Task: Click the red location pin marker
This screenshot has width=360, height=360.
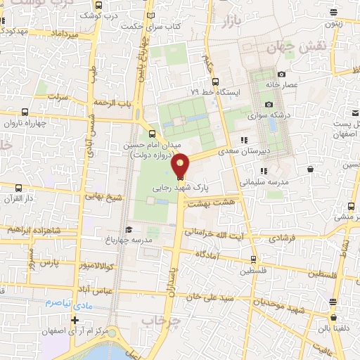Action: tap(181, 166)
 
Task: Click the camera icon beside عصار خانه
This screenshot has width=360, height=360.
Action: tap(281, 75)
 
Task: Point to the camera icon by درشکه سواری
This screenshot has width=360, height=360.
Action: tap(269, 105)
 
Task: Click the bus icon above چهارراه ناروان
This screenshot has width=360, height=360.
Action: tap(26, 112)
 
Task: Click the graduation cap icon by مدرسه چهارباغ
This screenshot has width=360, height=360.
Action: tap(128, 229)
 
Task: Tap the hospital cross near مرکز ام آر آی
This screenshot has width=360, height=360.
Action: tap(75, 320)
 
